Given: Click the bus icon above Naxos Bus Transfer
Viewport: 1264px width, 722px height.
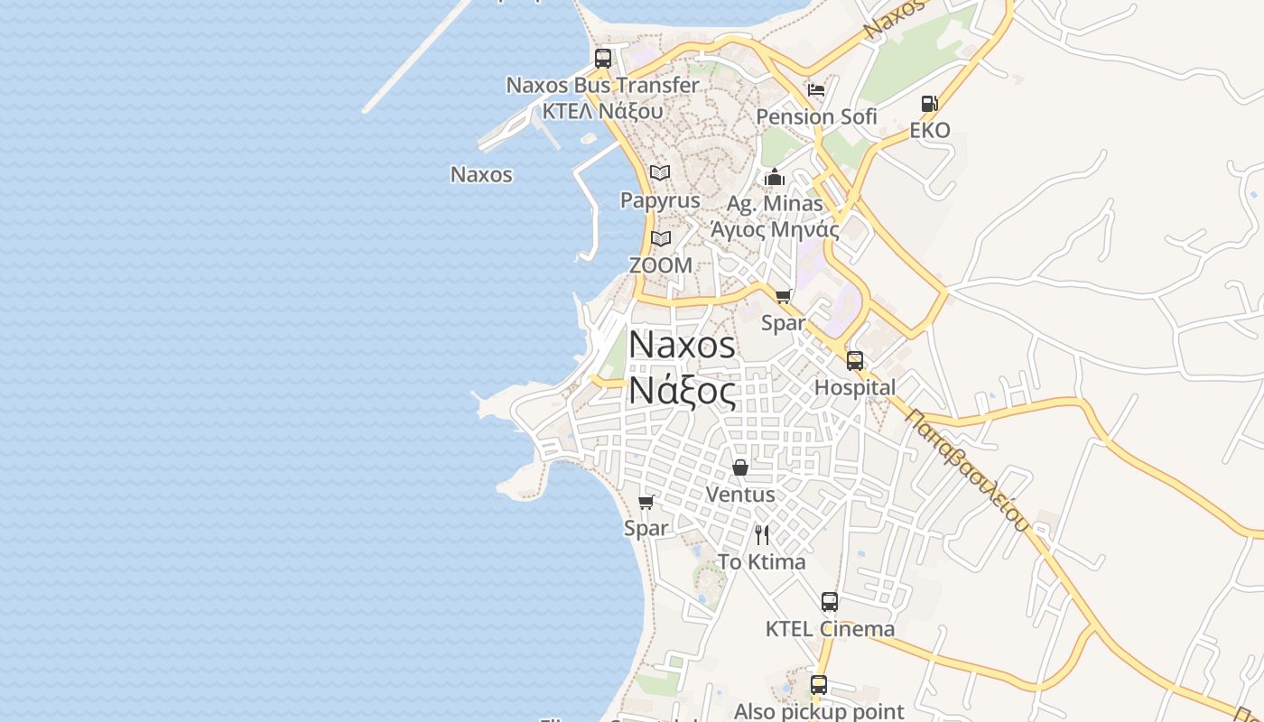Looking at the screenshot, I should click(603, 59).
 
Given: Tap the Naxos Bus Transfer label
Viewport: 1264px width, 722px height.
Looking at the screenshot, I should click(602, 86).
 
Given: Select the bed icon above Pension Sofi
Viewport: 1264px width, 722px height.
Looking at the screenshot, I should click(816, 90).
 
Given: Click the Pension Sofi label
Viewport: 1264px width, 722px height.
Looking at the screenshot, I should click(816, 116).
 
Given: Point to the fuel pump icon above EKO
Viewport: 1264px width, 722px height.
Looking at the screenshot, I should click(929, 104).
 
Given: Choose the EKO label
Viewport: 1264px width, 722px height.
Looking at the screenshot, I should click(929, 130).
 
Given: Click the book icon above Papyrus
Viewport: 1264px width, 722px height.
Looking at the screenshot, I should click(660, 172).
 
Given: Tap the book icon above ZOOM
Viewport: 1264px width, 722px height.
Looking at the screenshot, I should click(661, 239).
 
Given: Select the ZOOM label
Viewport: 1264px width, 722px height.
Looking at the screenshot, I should click(661, 265).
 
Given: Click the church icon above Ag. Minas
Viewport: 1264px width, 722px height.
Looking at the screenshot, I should click(775, 177).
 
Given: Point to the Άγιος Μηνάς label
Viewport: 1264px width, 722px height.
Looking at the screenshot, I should click(775, 229).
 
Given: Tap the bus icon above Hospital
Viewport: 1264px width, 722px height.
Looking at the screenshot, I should click(855, 361).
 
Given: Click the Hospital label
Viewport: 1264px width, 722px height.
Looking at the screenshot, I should click(855, 388).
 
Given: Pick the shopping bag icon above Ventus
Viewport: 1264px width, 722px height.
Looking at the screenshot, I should click(740, 467).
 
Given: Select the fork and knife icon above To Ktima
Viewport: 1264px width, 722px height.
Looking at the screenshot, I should click(762, 535).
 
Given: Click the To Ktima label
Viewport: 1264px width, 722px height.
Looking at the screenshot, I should click(762, 561).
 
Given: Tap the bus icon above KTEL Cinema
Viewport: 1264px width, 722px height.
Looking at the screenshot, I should click(830, 602).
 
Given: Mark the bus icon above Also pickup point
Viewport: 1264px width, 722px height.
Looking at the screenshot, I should click(819, 685).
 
